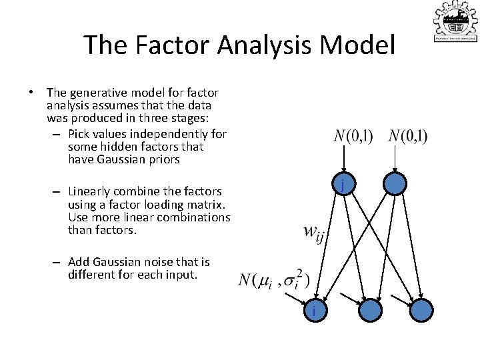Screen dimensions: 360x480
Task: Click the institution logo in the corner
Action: tap(455, 22)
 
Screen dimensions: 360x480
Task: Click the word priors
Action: tap(165, 160)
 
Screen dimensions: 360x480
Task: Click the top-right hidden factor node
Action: tap(395, 185)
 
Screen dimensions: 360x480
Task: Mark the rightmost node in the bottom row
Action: tap(421, 311)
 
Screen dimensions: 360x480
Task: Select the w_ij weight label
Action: tap(313, 233)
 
